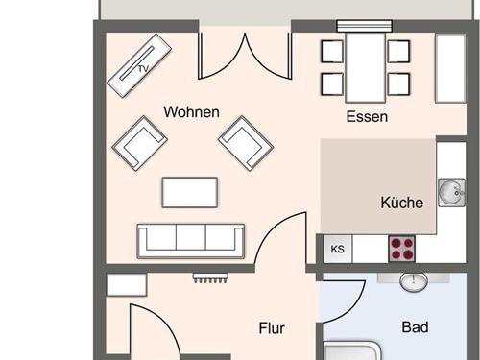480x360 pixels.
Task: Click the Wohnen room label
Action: pos(191,112)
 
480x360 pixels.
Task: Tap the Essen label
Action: pos(367,116)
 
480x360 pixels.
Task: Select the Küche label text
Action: pos(402,203)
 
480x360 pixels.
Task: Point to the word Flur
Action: pos(272,328)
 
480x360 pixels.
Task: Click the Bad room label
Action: pos(415,327)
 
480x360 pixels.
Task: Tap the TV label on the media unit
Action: pos(144,68)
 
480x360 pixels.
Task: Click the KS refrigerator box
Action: pos(338,249)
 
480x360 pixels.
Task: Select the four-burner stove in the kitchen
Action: pos(402,249)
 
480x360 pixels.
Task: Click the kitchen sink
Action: pos(451,192)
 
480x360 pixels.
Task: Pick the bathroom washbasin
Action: pos(414,282)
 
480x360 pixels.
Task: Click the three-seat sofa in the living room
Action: pos(191,241)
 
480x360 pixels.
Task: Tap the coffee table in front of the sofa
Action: pos(190,192)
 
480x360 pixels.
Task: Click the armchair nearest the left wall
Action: pos(140,143)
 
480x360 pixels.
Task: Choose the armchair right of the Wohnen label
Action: pos(246,143)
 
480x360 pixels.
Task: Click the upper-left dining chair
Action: pos(332,51)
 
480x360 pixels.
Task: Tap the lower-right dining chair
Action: pos(398,84)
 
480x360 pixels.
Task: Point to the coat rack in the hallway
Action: pos(210,277)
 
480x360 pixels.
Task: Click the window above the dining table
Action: pos(365,26)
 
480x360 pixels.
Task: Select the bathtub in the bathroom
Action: pos(352,350)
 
